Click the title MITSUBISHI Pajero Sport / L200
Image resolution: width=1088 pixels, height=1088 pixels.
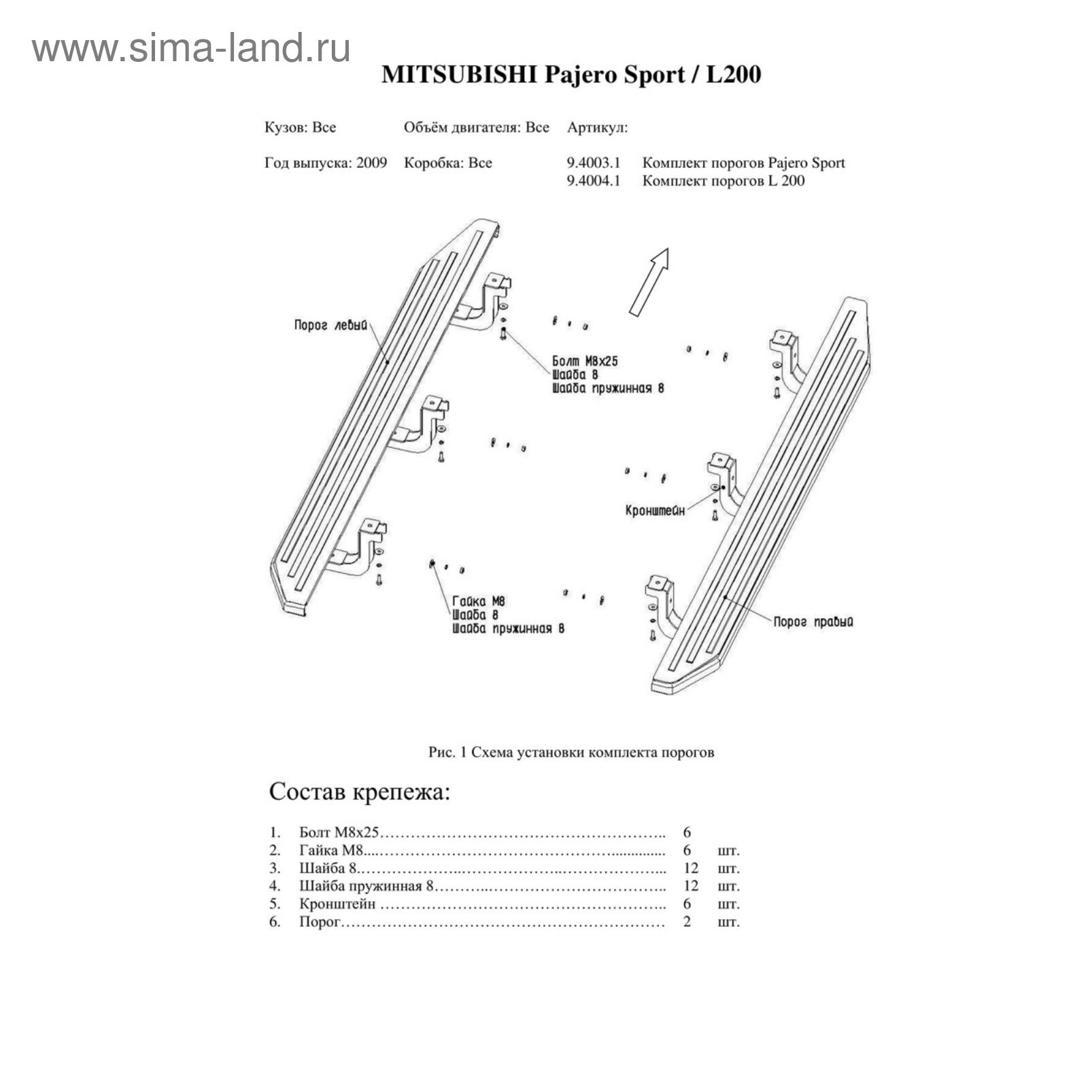(571, 73)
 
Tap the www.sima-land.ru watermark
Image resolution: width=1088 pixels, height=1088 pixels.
(191, 48)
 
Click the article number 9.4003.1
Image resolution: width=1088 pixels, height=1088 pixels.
(594, 163)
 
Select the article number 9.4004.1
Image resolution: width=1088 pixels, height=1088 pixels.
(594, 181)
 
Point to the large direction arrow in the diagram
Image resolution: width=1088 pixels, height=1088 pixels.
(649, 282)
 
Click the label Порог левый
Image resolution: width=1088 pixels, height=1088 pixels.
(330, 325)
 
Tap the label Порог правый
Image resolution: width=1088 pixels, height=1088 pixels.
(813, 622)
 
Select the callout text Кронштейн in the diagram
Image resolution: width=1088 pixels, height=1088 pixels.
(655, 510)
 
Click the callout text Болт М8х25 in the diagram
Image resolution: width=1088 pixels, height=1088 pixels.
(585, 361)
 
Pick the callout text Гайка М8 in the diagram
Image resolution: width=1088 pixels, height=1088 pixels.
(479, 601)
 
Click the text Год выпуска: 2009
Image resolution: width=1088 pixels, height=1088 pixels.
(326, 163)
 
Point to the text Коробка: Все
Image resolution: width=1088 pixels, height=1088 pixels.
(447, 163)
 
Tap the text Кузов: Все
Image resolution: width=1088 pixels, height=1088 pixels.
(300, 128)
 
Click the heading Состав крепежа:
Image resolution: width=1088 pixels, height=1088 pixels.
(360, 792)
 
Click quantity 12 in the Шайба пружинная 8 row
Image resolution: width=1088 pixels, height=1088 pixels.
(691, 886)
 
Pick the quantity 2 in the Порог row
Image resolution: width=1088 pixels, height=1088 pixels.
(687, 922)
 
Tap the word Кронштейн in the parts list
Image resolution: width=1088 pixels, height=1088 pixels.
(337, 904)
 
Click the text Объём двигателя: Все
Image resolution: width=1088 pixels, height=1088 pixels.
(477, 128)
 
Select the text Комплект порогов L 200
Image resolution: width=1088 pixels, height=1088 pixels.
(724, 181)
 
